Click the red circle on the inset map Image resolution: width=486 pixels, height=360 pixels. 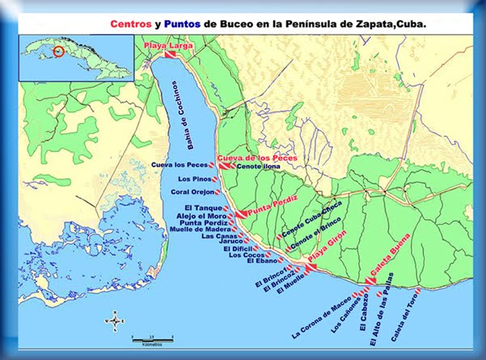(57, 51)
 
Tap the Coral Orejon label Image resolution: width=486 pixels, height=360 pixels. (190, 192)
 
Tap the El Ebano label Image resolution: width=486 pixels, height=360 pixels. (262, 260)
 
